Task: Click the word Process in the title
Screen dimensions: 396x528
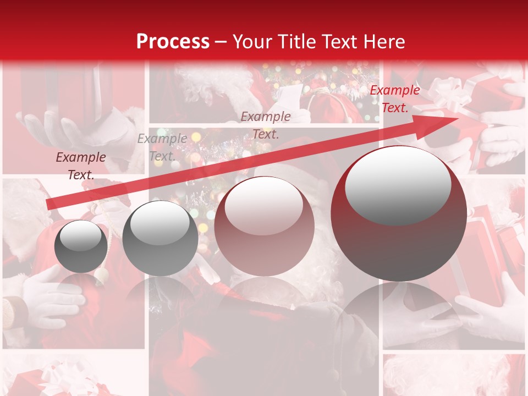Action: tap(173, 41)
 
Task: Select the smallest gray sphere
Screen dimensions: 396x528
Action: tap(81, 246)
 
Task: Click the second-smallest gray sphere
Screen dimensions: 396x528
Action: tap(160, 238)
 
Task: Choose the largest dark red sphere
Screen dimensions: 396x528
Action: tap(399, 213)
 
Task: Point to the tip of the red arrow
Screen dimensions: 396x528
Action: tap(457, 119)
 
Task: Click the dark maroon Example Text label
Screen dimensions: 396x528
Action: tap(81, 166)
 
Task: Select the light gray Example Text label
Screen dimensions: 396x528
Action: tap(162, 147)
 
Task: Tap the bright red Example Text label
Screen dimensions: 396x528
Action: tap(394, 99)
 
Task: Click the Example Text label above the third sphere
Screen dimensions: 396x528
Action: tap(266, 125)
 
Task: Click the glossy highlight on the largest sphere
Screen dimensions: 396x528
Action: tap(398, 184)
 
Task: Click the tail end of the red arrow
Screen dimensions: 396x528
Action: tap(48, 205)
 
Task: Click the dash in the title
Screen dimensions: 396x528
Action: tap(221, 42)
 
